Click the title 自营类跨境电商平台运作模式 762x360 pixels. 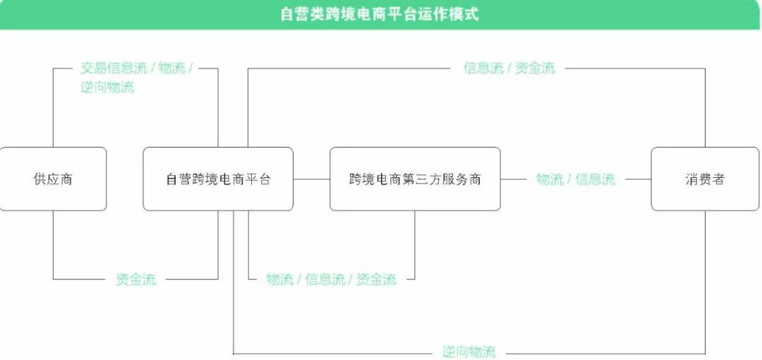(x=380, y=14)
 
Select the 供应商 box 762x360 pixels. (x=53, y=179)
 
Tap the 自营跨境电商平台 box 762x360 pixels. (x=218, y=179)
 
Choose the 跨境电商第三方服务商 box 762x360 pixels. (x=415, y=179)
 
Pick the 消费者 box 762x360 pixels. (x=705, y=179)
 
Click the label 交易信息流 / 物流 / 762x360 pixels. (x=136, y=68)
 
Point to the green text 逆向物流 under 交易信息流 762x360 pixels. (x=107, y=88)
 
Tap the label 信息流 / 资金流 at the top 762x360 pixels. (x=509, y=68)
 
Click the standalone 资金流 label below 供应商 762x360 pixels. (x=136, y=280)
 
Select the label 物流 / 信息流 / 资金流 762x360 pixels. (x=332, y=280)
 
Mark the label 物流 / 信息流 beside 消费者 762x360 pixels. (x=576, y=179)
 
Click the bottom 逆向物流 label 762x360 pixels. (x=469, y=352)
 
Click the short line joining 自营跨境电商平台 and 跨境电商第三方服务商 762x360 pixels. (x=312, y=179)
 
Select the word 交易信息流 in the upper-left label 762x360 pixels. (x=114, y=68)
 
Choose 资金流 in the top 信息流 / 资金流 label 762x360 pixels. (x=535, y=68)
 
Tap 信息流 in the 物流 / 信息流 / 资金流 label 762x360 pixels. (x=325, y=280)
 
